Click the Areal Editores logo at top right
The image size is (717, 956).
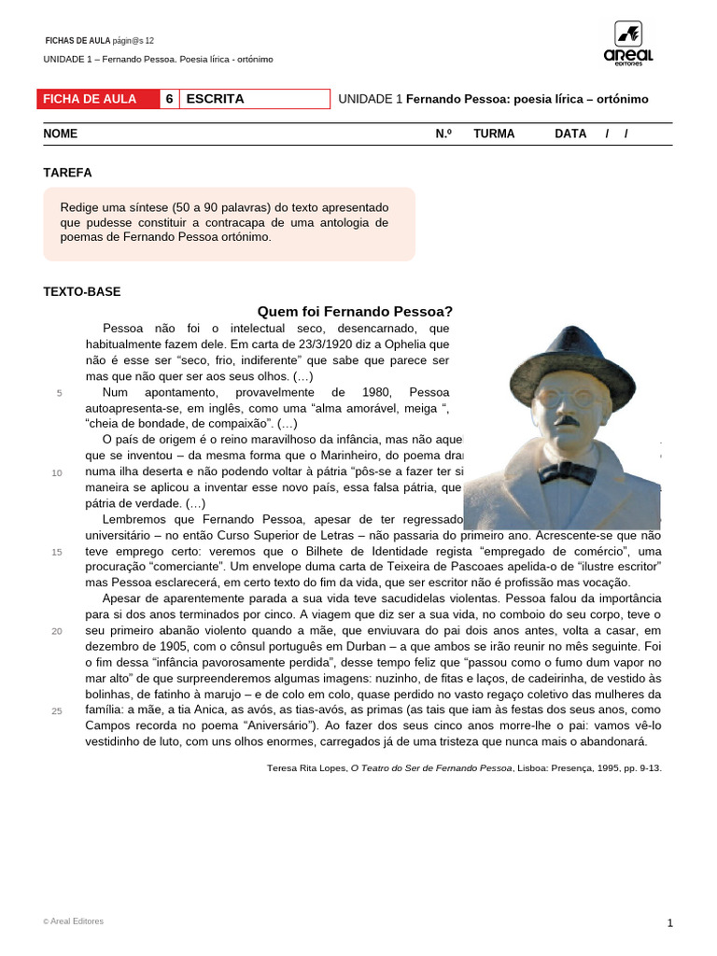click(628, 44)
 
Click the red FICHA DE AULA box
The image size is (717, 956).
click(98, 99)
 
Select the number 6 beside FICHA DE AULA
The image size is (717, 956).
click(169, 99)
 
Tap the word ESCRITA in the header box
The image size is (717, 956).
click(215, 99)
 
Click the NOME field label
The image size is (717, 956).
click(61, 134)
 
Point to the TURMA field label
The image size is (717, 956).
click(494, 134)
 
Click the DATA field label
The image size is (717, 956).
click(570, 134)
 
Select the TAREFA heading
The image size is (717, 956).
click(67, 173)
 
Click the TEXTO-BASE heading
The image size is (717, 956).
click(82, 291)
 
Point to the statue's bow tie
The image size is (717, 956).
click(567, 471)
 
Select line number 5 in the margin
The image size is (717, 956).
click(60, 393)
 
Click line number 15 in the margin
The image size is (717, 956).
click(57, 552)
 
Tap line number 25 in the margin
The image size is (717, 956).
click(57, 710)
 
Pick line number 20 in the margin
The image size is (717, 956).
click(57, 631)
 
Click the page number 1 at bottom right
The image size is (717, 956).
click(669, 923)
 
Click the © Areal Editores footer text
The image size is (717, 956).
click(74, 921)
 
